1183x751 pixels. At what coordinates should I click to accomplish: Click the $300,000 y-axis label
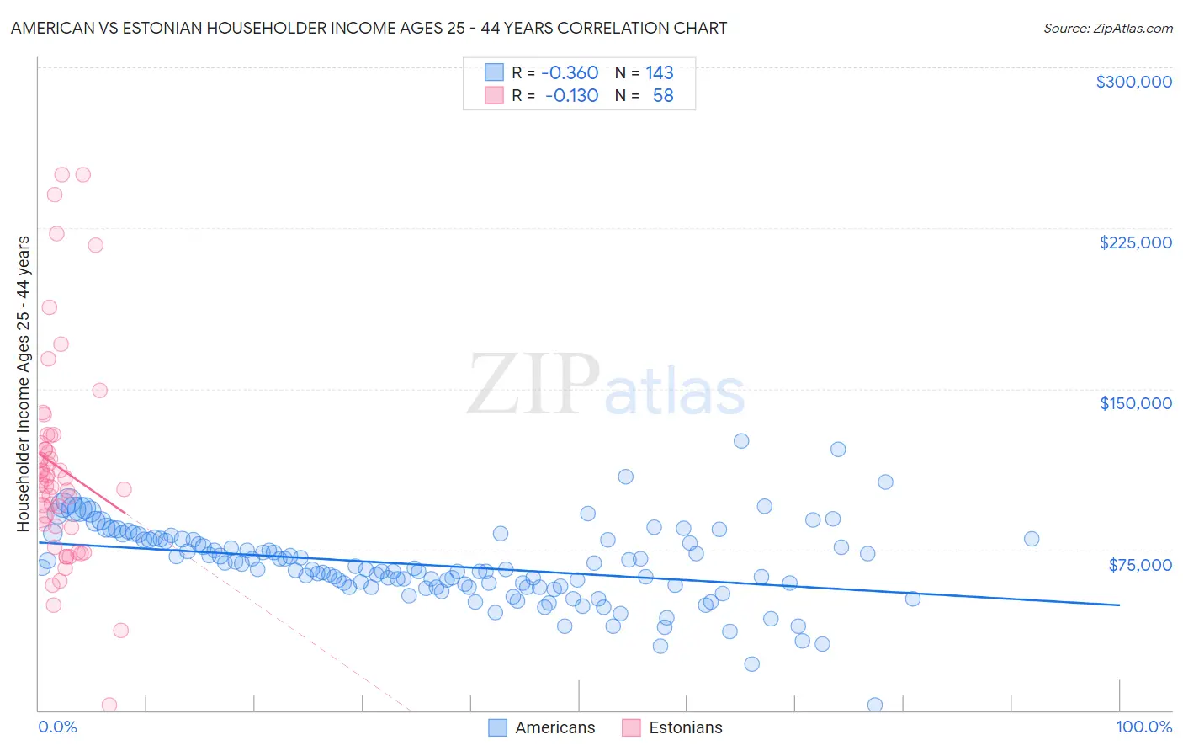click(x=1133, y=82)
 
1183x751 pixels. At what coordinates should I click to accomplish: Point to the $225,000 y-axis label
click(x=1135, y=242)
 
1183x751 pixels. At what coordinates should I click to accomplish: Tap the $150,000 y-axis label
click(x=1135, y=403)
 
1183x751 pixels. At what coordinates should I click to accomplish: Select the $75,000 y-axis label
click(x=1139, y=564)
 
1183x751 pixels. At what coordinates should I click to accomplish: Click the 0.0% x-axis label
click(x=57, y=727)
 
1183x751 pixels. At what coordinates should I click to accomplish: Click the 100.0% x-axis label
click(x=1143, y=727)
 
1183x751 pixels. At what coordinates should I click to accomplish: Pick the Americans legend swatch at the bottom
click(x=497, y=727)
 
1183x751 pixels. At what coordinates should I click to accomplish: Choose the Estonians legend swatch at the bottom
click(x=631, y=727)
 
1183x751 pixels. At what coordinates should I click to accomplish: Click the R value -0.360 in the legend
click(x=570, y=73)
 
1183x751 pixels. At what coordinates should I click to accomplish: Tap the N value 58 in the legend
click(x=663, y=96)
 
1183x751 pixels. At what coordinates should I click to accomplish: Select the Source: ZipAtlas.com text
click(x=1107, y=28)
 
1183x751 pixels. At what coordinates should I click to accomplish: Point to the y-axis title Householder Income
click(x=24, y=383)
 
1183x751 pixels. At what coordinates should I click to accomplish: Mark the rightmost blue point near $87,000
click(x=1032, y=539)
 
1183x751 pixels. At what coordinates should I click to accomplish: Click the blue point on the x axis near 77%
click(x=875, y=705)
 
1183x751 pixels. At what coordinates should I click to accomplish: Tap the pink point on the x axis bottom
click(x=109, y=705)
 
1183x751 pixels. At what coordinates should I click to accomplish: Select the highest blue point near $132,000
click(x=741, y=441)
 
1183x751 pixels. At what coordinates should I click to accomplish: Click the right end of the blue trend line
click(x=1119, y=605)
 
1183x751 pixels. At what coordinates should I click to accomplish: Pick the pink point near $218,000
click(x=96, y=245)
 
